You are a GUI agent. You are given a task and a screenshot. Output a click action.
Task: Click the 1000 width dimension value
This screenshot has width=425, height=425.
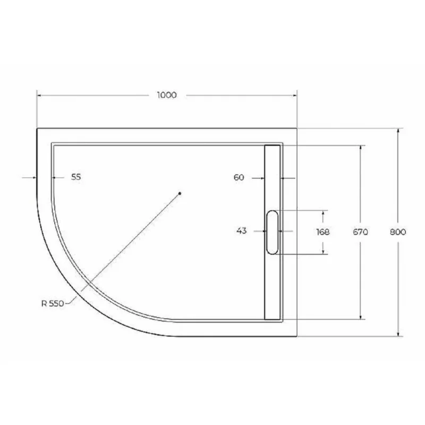coord(166,96)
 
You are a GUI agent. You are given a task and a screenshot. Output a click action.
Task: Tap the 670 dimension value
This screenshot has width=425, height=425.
coord(361,232)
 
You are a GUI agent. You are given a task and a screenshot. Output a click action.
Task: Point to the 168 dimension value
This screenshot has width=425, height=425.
coord(322,232)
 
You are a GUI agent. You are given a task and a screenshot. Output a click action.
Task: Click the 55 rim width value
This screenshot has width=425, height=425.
coord(76,177)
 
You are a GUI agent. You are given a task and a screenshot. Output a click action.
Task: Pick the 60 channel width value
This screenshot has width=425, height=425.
coord(239,177)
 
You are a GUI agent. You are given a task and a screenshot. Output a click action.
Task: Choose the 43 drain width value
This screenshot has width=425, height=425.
coord(241,231)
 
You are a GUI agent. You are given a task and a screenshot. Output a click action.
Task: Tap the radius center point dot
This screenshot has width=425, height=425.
coord(180,193)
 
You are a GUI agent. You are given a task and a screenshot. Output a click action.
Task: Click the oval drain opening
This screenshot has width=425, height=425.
coord(272,232)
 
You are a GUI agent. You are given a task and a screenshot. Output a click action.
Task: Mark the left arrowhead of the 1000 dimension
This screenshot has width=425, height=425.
coord(39,96)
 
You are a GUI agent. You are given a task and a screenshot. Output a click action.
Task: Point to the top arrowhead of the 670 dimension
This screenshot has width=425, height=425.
coord(361,148)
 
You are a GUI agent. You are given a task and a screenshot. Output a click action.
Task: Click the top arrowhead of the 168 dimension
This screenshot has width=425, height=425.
coord(323,212)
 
